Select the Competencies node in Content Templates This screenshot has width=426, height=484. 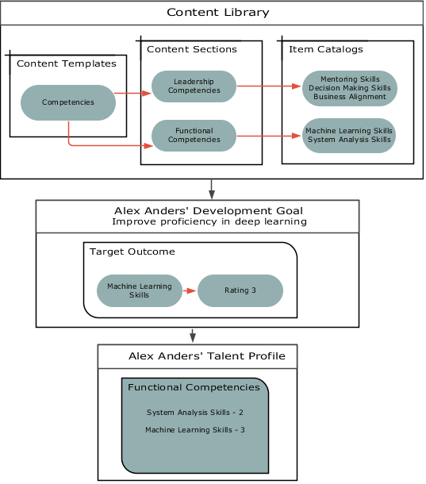[x=68, y=102]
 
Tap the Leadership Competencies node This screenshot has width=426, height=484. [x=194, y=86]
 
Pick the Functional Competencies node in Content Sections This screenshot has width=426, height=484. [x=194, y=136]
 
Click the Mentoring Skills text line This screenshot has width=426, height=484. [x=350, y=79]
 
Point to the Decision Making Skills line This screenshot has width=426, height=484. [x=350, y=88]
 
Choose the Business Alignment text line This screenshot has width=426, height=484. [x=350, y=97]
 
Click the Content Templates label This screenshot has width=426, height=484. [x=67, y=63]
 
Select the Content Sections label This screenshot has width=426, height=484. [x=192, y=49]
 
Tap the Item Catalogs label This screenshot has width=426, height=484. [x=326, y=49]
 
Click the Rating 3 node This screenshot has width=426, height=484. [x=240, y=290]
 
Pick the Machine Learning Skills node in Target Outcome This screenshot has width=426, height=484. [x=139, y=290]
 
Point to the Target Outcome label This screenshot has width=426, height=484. [x=132, y=252]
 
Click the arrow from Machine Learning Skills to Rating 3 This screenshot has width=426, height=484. [x=190, y=290]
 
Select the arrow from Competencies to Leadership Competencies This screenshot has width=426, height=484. [x=132, y=93]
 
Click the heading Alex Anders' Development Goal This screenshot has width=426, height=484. [x=209, y=211]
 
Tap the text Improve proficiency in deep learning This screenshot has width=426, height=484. [x=209, y=222]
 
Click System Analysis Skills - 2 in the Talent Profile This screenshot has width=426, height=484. [x=195, y=413]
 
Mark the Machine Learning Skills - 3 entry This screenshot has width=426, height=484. [x=195, y=430]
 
